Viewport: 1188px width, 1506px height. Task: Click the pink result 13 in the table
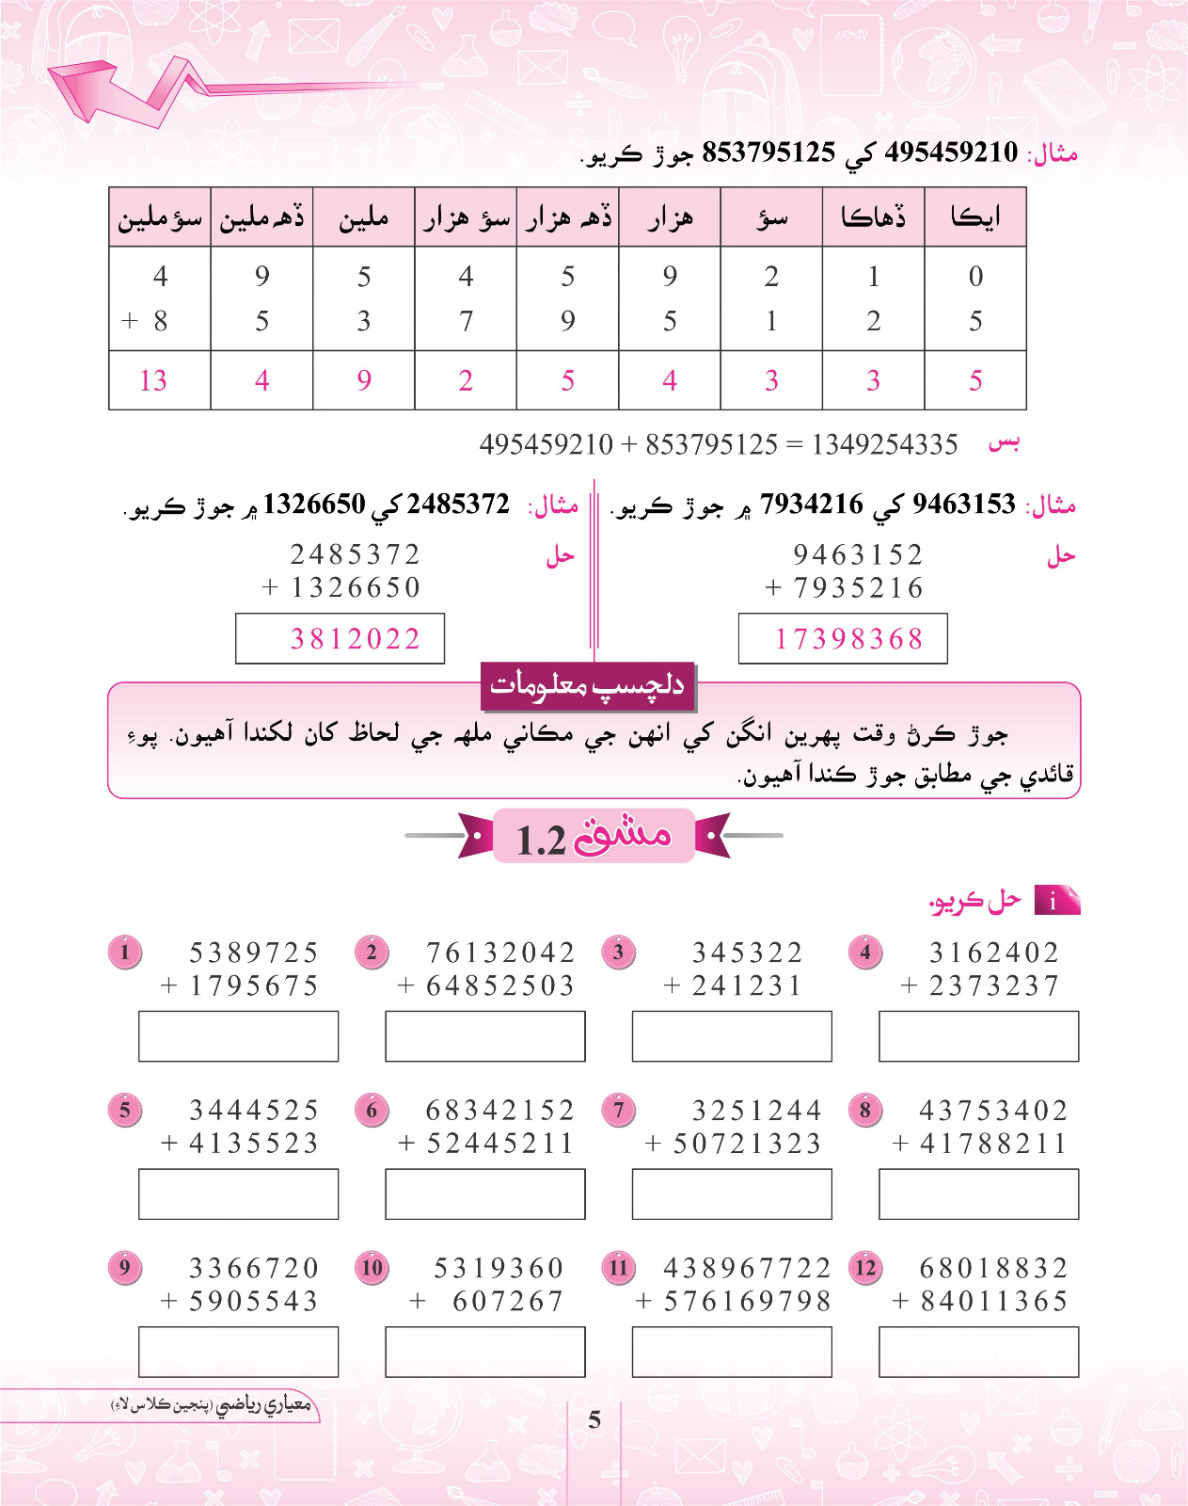[152, 380]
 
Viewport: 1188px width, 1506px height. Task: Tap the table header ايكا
[975, 217]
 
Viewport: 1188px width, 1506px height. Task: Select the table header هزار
[670, 218]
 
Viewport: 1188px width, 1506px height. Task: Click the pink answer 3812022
[355, 639]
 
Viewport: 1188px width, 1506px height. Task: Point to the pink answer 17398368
[848, 639]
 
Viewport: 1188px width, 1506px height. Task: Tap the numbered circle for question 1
[124, 953]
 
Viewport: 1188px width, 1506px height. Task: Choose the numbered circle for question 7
[618, 1110]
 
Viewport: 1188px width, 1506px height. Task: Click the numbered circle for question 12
[865, 1268]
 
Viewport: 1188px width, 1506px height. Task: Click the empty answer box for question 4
[978, 1036]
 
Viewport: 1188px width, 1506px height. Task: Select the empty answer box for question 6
[484, 1194]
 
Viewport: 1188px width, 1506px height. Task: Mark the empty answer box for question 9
[238, 1352]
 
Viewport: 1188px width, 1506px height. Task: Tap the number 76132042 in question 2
[500, 953]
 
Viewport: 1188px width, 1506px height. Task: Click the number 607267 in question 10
[508, 1302]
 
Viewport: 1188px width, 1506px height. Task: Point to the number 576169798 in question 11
[748, 1302]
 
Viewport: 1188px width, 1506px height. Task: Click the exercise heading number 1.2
[541, 839]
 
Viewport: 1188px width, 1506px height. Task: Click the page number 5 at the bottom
[594, 1419]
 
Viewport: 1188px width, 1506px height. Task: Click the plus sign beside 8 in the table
[130, 321]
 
